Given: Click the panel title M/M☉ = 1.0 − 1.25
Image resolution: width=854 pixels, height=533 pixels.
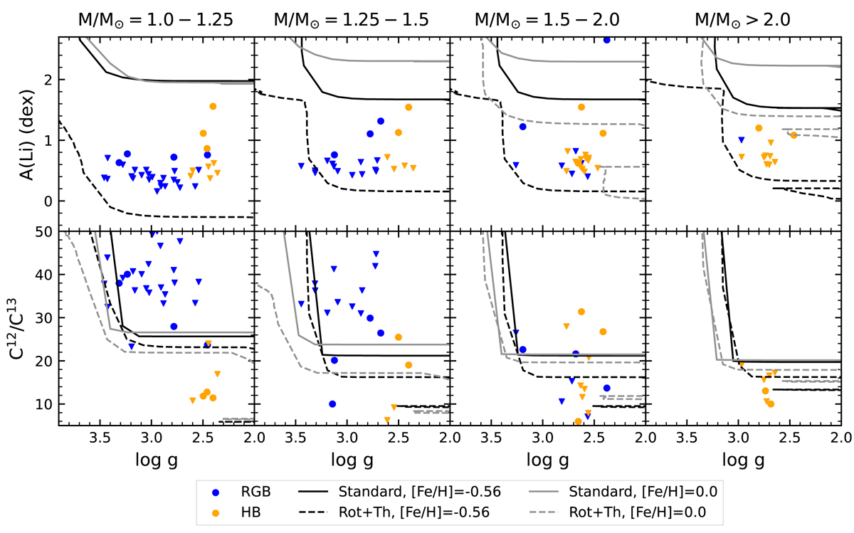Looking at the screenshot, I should point(155,19).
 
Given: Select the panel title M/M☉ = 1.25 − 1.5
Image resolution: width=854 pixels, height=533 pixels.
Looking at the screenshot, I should point(352,19).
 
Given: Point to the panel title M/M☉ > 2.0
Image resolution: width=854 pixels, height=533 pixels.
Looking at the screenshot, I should point(743,19).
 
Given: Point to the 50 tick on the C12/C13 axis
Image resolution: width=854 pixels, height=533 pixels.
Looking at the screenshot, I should point(46,232).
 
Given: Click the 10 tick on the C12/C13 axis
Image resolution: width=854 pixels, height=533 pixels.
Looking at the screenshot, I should point(46,404).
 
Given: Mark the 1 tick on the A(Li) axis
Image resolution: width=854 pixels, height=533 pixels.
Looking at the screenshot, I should point(50,141).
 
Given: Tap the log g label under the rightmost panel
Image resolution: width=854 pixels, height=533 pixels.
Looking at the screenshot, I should point(743,460).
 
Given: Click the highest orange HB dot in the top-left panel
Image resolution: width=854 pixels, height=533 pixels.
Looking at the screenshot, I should point(213,106).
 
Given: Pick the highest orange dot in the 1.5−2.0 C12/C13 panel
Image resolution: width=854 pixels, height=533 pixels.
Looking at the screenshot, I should point(581,312).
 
